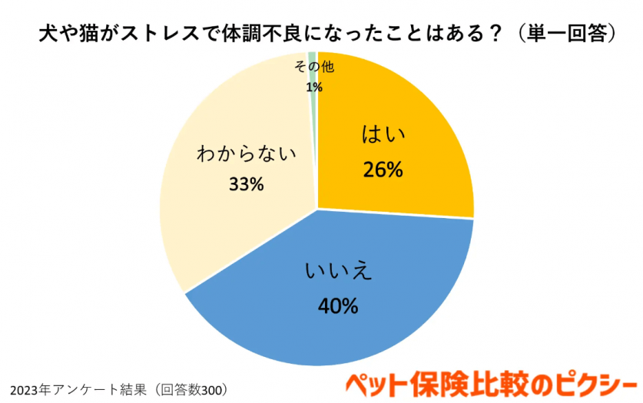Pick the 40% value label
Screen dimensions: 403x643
pos(338,306)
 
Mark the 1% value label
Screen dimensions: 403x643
pos(313,88)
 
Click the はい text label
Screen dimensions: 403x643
pos(383,137)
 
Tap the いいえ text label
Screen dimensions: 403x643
pos(338,272)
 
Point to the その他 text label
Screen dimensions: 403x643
pos(314,68)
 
